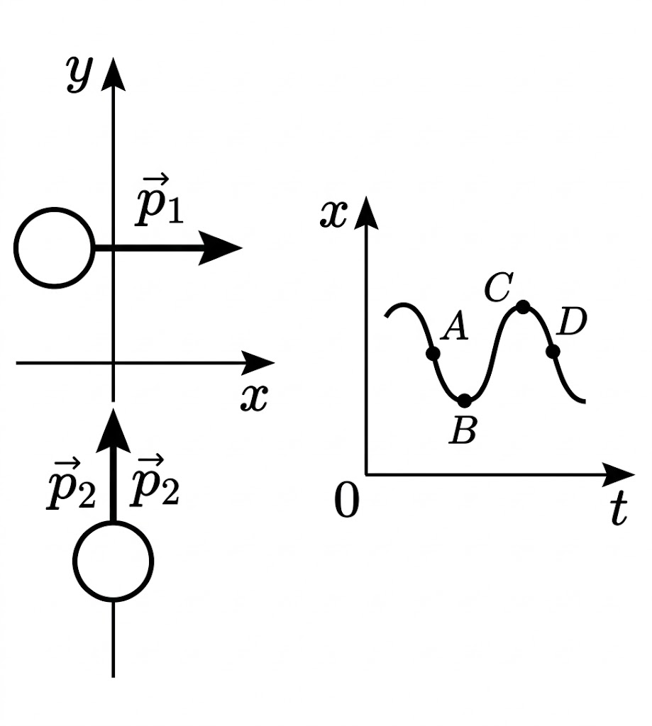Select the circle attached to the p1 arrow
click(54, 248)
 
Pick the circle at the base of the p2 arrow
click(113, 561)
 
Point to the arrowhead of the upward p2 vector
click(113, 430)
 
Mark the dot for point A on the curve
click(433, 353)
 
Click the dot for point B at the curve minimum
click(464, 401)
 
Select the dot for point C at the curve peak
click(523, 306)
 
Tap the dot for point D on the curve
click(553, 351)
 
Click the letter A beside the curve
click(455, 328)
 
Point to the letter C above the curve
click(499, 287)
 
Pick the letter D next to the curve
click(572, 323)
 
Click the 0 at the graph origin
click(347, 502)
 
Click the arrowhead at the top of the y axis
click(113, 74)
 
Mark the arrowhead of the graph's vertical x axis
click(365, 213)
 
